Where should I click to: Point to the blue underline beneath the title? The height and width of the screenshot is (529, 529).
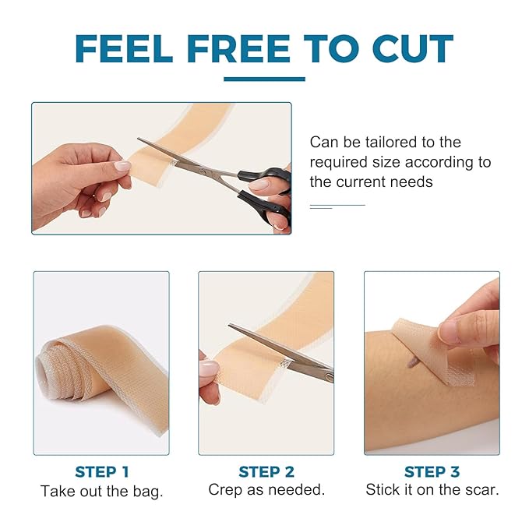264,79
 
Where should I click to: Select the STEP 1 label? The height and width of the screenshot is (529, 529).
102,471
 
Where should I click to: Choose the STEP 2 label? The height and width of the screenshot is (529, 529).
266,471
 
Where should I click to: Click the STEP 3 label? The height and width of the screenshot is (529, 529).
431,471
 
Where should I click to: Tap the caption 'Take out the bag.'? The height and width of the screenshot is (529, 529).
101,491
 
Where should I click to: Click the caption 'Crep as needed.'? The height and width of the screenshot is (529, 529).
266,490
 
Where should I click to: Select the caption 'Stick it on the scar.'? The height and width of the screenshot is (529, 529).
432,490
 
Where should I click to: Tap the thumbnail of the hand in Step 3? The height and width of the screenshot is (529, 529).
450,331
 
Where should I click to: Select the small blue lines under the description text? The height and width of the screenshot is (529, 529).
337,206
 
